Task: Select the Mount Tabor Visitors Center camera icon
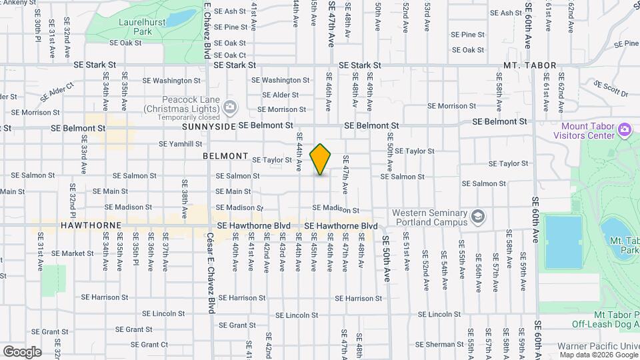625,128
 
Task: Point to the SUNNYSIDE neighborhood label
209,126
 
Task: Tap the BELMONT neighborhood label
225,155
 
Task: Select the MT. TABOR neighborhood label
527,66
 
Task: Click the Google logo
22,352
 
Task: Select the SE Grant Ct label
149,345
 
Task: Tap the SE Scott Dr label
611,89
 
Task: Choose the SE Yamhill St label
180,143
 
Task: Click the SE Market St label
73,253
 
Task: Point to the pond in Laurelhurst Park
181,18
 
